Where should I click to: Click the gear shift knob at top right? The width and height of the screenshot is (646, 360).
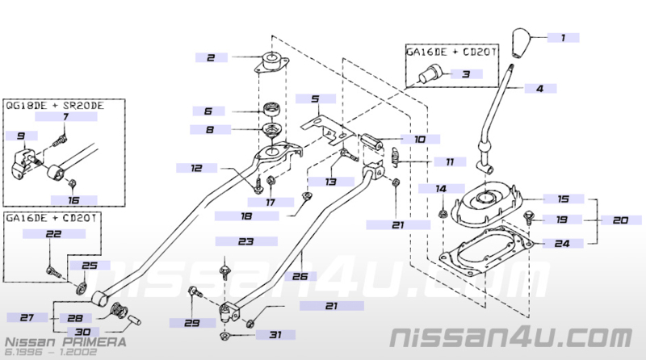[522, 43]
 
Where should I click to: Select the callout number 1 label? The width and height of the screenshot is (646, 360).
[563, 38]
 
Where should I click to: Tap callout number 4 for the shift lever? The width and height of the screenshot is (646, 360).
[540, 88]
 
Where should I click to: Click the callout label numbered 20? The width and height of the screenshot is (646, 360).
[620, 220]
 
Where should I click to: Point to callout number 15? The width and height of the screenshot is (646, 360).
[563, 199]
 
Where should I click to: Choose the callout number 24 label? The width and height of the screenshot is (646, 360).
[562, 244]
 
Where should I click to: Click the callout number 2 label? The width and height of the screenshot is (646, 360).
[211, 57]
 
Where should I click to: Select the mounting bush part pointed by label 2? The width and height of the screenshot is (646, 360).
[271, 63]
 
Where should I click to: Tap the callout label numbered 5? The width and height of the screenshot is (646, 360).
[316, 98]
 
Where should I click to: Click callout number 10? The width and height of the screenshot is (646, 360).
[420, 139]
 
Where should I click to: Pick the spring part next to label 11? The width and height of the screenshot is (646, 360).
[395, 157]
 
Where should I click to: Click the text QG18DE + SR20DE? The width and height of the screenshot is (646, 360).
[54, 106]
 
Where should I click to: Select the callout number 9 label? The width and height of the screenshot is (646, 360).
[21, 136]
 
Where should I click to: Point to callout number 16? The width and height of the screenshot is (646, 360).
[73, 201]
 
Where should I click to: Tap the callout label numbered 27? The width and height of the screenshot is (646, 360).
[27, 317]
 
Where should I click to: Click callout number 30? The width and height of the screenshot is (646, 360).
[83, 332]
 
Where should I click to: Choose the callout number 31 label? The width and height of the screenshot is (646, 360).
[275, 335]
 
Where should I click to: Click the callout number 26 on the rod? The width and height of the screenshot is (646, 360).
[300, 276]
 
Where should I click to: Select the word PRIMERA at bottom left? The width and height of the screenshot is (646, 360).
[94, 342]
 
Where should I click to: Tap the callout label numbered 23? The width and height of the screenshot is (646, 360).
[246, 241]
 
